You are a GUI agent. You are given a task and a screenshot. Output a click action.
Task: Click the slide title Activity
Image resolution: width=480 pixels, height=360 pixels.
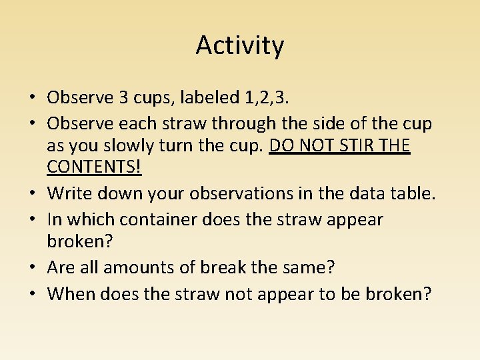(240, 45)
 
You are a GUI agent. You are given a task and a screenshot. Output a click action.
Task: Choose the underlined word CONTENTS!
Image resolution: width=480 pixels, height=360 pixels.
(94, 167)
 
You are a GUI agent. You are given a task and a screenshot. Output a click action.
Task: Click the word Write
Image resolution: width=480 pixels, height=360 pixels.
(71, 195)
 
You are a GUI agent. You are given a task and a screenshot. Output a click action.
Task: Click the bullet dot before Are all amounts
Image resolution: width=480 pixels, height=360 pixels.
(33, 269)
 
